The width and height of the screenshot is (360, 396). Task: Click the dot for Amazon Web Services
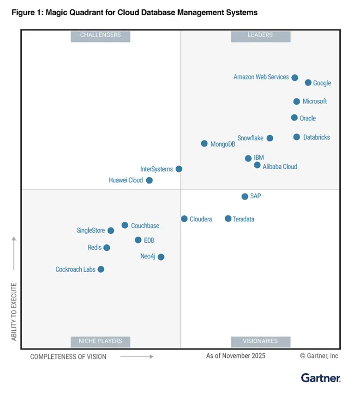tap(294, 78)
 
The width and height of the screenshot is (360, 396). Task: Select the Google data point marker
tap(308, 83)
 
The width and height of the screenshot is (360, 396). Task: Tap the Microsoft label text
tap(315, 102)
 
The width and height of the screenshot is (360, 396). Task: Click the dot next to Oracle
tap(294, 118)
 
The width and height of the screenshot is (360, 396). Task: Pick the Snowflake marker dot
tap(270, 138)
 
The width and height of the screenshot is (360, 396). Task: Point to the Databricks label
tap(317, 138)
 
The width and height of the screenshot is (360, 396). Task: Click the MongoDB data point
tap(204, 144)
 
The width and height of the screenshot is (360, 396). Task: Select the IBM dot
tap(248, 158)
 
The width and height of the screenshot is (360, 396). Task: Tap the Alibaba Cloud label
tap(280, 167)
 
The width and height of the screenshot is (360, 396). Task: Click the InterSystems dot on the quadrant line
tap(179, 169)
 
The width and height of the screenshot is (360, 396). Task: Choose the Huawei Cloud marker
tap(149, 180)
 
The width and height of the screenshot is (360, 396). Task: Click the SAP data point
tap(245, 196)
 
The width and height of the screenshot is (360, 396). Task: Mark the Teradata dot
tap(228, 219)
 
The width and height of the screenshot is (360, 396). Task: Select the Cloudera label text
tap(201, 219)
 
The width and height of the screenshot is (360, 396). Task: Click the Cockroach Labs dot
tap(101, 269)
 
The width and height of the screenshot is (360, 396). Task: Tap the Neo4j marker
tap(161, 257)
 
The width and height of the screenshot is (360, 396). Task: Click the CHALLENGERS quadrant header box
tap(100, 36)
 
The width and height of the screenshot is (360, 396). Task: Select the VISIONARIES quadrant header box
tap(260, 341)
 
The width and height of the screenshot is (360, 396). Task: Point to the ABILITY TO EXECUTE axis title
tap(14, 312)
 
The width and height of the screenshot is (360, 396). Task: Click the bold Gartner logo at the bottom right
tap(320, 378)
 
